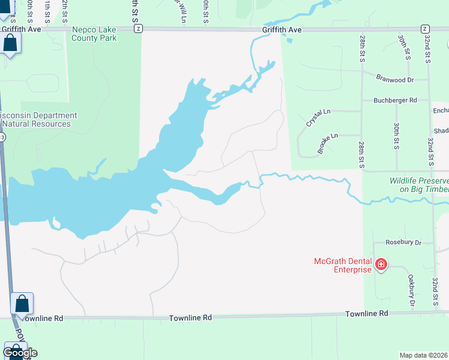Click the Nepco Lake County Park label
point(94,34)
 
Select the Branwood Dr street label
point(395,79)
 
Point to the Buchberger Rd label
point(394,100)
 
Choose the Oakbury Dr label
point(412,290)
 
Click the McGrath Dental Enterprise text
point(343,265)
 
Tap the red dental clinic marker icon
point(381,264)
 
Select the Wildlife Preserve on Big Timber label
point(419,185)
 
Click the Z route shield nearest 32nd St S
point(424,28)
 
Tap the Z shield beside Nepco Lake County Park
point(139,28)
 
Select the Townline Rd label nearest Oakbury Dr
point(366,313)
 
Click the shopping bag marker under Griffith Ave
point(11,43)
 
